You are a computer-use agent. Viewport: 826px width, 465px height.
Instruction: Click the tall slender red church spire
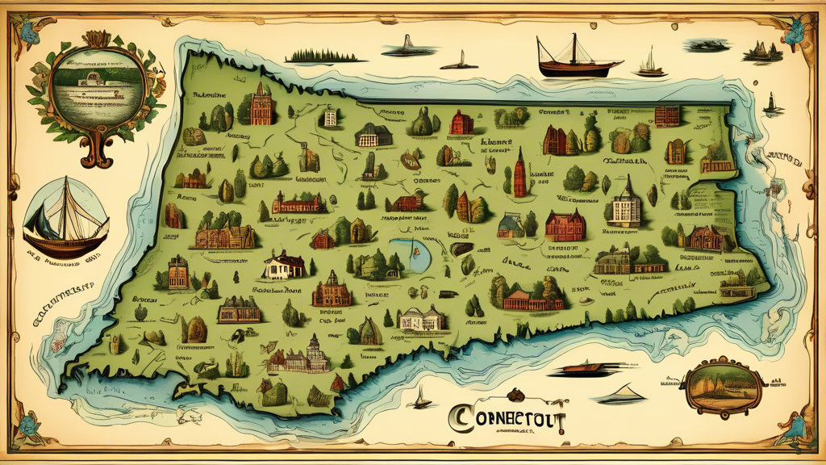click(520, 173)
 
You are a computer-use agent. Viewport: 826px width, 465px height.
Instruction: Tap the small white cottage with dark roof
click(283, 264)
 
